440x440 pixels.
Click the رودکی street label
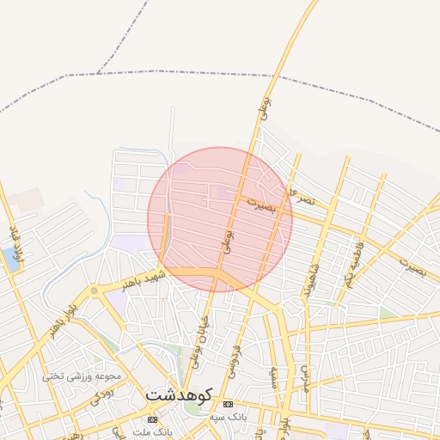[101, 393]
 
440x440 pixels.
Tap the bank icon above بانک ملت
[152, 419]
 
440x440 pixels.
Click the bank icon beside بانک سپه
[228, 404]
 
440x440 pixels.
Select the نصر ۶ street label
[304, 194]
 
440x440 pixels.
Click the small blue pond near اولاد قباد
[9, 257]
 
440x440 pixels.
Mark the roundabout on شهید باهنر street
[94, 290]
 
